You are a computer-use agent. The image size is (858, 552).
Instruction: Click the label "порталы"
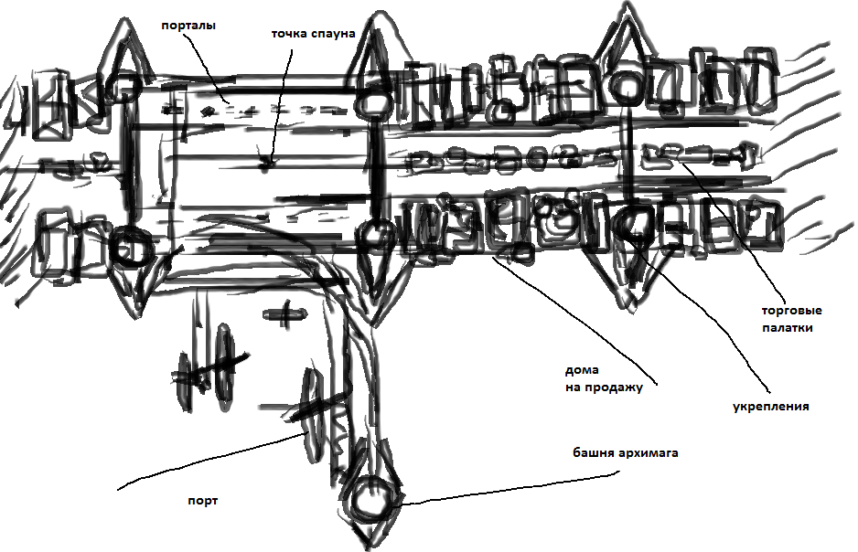point(188,26)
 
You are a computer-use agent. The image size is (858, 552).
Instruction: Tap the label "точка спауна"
point(312,34)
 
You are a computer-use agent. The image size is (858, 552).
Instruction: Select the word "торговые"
point(787,310)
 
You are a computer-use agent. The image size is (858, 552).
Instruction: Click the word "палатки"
point(787,327)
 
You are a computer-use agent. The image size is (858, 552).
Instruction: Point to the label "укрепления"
point(771,407)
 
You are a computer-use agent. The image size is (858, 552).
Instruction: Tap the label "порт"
point(198,501)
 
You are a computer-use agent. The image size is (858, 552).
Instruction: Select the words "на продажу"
point(605,387)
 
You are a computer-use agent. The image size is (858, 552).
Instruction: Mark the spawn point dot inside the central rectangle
point(266,165)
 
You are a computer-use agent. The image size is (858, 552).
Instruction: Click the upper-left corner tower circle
point(122,87)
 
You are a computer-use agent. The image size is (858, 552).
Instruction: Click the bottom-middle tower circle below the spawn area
point(375,235)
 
